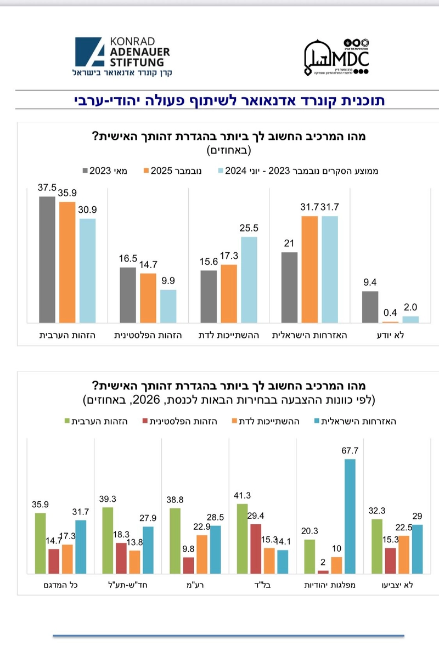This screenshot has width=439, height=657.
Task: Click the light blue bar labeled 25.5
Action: (249, 280)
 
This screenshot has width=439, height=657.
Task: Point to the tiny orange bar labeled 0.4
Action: (391, 322)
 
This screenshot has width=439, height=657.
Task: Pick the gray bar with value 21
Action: (290, 287)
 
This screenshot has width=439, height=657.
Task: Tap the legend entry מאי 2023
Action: (113, 171)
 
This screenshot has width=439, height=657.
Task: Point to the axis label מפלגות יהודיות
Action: (329, 585)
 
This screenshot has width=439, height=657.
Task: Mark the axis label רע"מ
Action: (195, 585)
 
